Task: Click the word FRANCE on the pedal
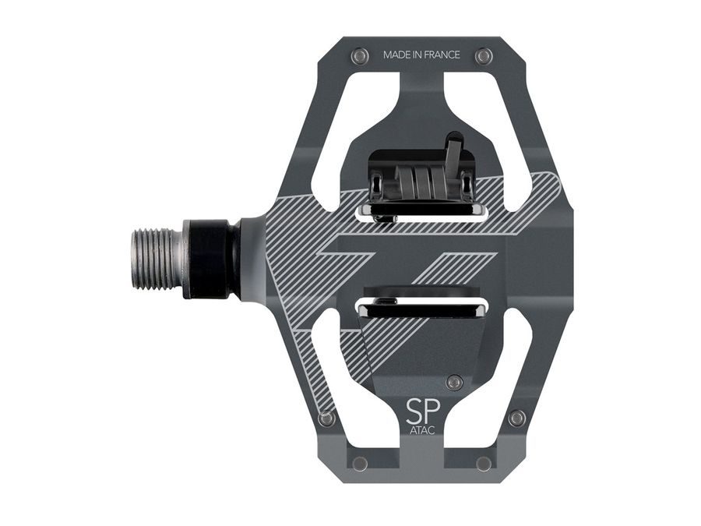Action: (x=441, y=55)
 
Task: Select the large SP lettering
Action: (x=422, y=411)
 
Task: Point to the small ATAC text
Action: (x=421, y=430)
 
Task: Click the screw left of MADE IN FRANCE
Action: (x=360, y=56)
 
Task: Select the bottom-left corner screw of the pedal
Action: (x=359, y=464)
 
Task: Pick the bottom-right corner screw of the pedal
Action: (x=484, y=464)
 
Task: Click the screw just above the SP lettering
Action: (x=454, y=381)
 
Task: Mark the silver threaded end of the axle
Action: (x=156, y=258)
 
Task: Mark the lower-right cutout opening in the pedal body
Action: (x=506, y=366)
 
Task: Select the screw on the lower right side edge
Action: (x=516, y=418)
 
